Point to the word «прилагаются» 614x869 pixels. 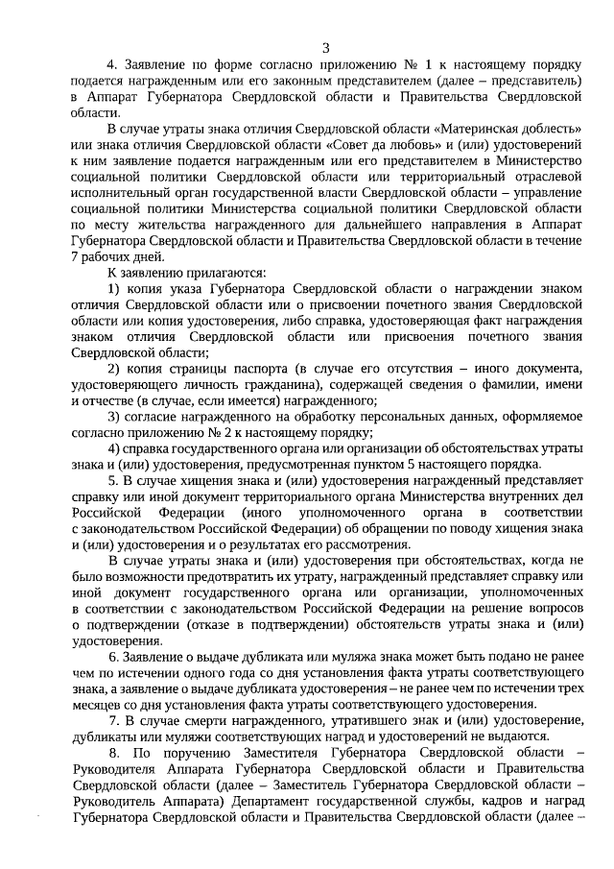coord(178,272)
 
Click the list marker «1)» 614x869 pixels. coord(113,288)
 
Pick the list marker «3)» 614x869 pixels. coord(113,416)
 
